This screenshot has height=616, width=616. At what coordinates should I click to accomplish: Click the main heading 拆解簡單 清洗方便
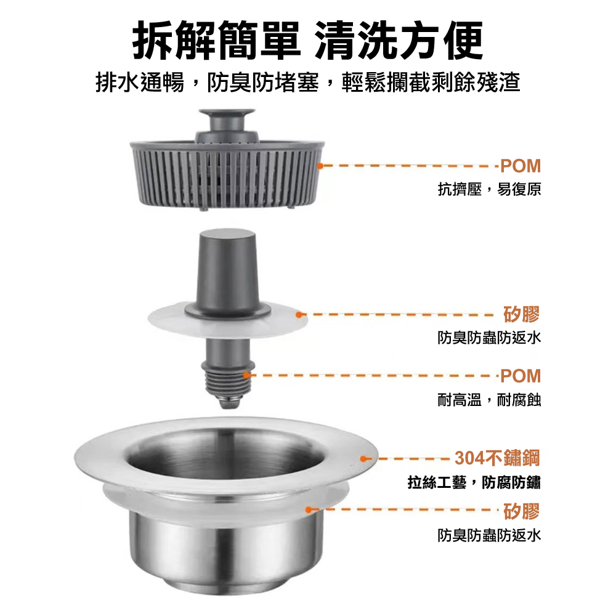[x=308, y=41]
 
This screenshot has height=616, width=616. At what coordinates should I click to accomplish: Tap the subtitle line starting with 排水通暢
[x=308, y=83]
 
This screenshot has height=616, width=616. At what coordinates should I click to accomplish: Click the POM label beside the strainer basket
[x=521, y=166]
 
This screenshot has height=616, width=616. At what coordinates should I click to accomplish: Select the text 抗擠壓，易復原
[x=490, y=189]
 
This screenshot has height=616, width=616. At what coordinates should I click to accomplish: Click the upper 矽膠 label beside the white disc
[x=522, y=314]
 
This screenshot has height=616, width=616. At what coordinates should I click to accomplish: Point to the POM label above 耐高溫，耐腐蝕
[x=521, y=376]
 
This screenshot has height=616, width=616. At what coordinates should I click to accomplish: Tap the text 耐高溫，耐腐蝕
[x=490, y=400]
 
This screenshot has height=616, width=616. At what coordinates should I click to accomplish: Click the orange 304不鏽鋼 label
[x=497, y=458]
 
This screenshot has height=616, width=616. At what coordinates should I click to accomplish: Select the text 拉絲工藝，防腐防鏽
[x=474, y=482]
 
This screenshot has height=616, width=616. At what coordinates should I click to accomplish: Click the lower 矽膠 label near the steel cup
[x=522, y=511]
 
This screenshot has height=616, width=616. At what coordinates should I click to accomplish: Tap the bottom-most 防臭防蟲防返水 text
[x=490, y=535]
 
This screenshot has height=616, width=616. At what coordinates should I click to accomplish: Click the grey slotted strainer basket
[x=227, y=175]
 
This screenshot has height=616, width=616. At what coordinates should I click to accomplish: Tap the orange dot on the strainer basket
[x=320, y=166]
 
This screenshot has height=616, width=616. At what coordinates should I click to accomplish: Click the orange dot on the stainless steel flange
[x=363, y=458]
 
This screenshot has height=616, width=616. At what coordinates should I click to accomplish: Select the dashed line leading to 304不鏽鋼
[x=408, y=458]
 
